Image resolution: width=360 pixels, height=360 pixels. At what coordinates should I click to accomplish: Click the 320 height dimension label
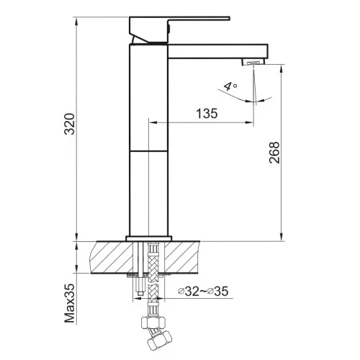(x=71, y=124)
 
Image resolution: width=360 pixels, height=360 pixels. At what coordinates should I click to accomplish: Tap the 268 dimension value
(x=274, y=153)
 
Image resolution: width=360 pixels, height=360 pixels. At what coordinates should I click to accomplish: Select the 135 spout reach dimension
(x=207, y=113)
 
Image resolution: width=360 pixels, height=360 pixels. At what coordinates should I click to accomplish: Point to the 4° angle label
(x=230, y=86)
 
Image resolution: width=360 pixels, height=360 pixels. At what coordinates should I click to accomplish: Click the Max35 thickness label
(x=70, y=303)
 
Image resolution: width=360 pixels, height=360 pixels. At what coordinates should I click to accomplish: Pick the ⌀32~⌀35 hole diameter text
(x=203, y=292)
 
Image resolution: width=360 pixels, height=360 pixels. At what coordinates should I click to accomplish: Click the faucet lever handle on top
(x=179, y=29)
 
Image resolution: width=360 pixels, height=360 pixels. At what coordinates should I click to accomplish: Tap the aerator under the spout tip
(x=253, y=62)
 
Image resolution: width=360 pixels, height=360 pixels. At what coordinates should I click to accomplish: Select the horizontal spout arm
(x=217, y=51)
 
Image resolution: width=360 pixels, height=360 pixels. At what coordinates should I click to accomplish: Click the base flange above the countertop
(x=149, y=238)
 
